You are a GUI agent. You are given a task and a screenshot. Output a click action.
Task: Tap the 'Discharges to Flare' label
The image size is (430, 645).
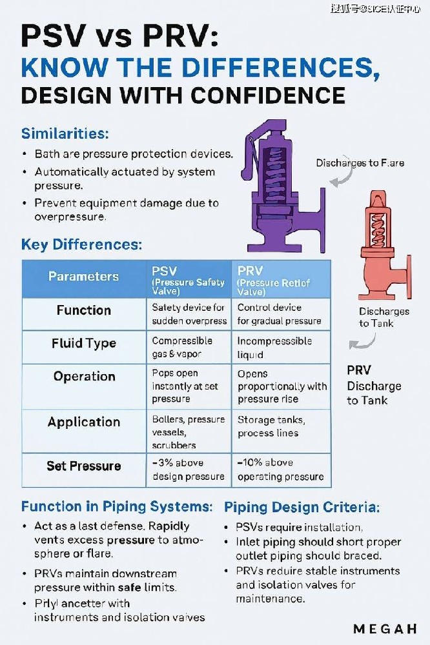click(360, 163)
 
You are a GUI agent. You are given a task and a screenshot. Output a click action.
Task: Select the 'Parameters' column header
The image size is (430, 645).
click(84, 277)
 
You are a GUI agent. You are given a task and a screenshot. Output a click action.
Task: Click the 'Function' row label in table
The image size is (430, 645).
click(84, 310)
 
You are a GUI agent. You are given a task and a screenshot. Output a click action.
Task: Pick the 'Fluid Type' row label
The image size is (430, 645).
click(84, 343)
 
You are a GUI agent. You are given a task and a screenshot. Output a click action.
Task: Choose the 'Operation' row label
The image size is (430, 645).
click(84, 377)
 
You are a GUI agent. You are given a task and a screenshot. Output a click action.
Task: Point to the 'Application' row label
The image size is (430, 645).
click(84, 422)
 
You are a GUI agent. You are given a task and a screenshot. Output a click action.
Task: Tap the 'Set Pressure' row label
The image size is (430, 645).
click(84, 466)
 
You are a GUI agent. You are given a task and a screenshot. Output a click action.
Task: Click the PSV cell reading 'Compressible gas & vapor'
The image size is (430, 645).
click(183, 347)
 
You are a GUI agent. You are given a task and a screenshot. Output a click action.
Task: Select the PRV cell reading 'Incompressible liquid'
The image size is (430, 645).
click(274, 347)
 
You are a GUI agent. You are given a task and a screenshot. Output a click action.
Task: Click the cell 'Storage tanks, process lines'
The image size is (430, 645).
click(271, 426)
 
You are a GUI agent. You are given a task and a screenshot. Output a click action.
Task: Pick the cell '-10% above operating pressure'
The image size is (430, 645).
click(280, 470)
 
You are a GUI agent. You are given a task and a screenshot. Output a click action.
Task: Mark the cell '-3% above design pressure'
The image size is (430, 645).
click(188, 470)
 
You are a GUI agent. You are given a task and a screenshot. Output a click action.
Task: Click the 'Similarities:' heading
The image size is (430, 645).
click(65, 134)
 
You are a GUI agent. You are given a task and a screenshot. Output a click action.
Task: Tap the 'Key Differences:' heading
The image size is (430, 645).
click(81, 245)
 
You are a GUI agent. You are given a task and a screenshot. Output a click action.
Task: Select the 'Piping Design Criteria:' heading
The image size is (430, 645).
click(302, 507)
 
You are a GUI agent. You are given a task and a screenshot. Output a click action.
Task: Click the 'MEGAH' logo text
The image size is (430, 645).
click(385, 628)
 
